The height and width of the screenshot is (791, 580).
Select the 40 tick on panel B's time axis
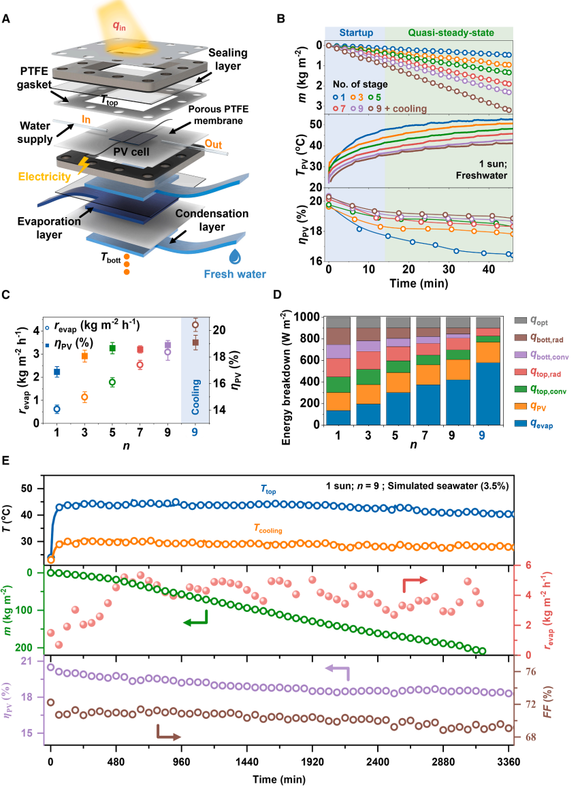coord(483,270)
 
